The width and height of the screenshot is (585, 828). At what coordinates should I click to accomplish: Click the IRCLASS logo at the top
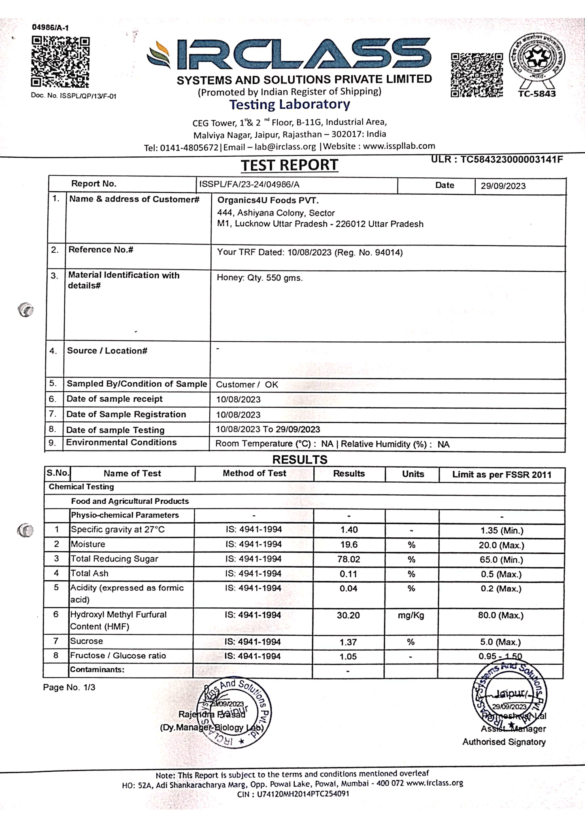pyautogui.click(x=289, y=55)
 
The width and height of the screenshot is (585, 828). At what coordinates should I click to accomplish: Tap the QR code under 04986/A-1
pyautogui.click(x=60, y=62)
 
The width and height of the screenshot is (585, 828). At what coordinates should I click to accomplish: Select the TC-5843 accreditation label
pyautogui.click(x=537, y=94)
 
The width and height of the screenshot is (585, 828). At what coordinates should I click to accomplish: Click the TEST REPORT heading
pyautogui.click(x=289, y=165)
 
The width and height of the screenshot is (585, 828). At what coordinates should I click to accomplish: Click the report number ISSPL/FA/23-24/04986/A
pyautogui.click(x=249, y=185)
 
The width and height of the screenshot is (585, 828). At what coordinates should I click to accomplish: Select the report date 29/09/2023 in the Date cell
pyautogui.click(x=503, y=186)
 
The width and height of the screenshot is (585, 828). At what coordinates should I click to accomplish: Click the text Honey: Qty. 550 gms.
pyautogui.click(x=260, y=278)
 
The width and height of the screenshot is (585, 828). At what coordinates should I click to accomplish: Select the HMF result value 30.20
pyautogui.click(x=348, y=615)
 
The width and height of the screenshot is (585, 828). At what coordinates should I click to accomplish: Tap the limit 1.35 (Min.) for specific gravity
pyautogui.click(x=501, y=530)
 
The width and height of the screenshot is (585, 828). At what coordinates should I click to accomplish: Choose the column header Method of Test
pyautogui.click(x=254, y=473)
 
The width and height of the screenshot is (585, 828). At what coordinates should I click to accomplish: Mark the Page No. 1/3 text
pyautogui.click(x=69, y=688)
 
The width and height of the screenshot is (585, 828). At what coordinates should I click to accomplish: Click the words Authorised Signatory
pyautogui.click(x=504, y=742)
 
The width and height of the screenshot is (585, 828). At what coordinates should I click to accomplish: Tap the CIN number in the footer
pyautogui.click(x=293, y=794)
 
